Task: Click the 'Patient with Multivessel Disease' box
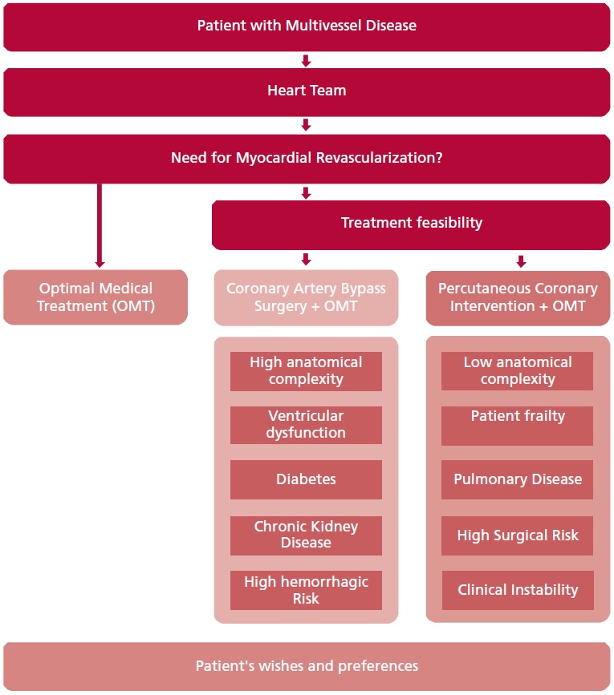coord(307,26)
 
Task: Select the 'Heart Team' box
coord(307,91)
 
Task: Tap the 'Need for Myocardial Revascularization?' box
coord(307,158)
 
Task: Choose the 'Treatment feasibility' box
coord(411,223)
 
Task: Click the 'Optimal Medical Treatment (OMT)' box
coord(95,297)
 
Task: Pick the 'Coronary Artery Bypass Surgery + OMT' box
coord(306,297)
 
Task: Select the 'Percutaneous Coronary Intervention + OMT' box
coord(518,297)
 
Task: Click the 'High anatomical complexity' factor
coord(306,371)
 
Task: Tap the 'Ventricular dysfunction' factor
coord(306,425)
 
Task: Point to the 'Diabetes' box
coord(306,479)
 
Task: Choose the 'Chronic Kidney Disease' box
coord(306,535)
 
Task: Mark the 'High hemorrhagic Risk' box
coord(306,590)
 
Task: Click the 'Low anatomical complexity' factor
coord(517,371)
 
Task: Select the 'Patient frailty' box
coord(517,425)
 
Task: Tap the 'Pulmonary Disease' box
coord(517,479)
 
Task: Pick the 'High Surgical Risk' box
coord(517,535)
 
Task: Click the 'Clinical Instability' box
coord(517,590)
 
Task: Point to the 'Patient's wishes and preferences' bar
coord(307,666)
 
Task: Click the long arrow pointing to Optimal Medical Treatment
coord(100,224)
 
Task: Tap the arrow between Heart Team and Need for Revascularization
coord(306,125)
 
